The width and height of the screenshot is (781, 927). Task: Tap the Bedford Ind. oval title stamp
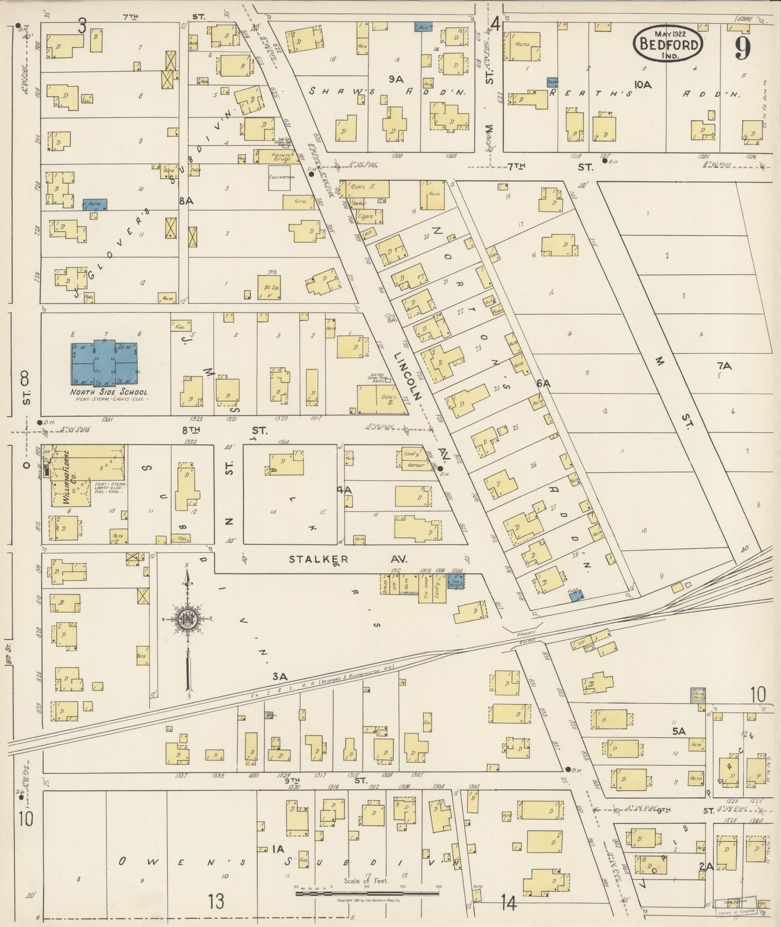[x=669, y=44]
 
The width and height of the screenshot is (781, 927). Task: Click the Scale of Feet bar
[x=367, y=893]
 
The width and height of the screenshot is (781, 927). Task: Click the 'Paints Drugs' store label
[x=281, y=156]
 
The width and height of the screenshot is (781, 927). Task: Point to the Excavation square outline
[x=279, y=178]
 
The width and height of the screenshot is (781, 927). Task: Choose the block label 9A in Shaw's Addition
[x=396, y=79]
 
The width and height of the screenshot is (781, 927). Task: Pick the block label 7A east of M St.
[x=724, y=366]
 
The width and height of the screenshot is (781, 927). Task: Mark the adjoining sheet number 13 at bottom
[x=216, y=902]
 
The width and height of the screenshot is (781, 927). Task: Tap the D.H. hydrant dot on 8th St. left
[x=39, y=422]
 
